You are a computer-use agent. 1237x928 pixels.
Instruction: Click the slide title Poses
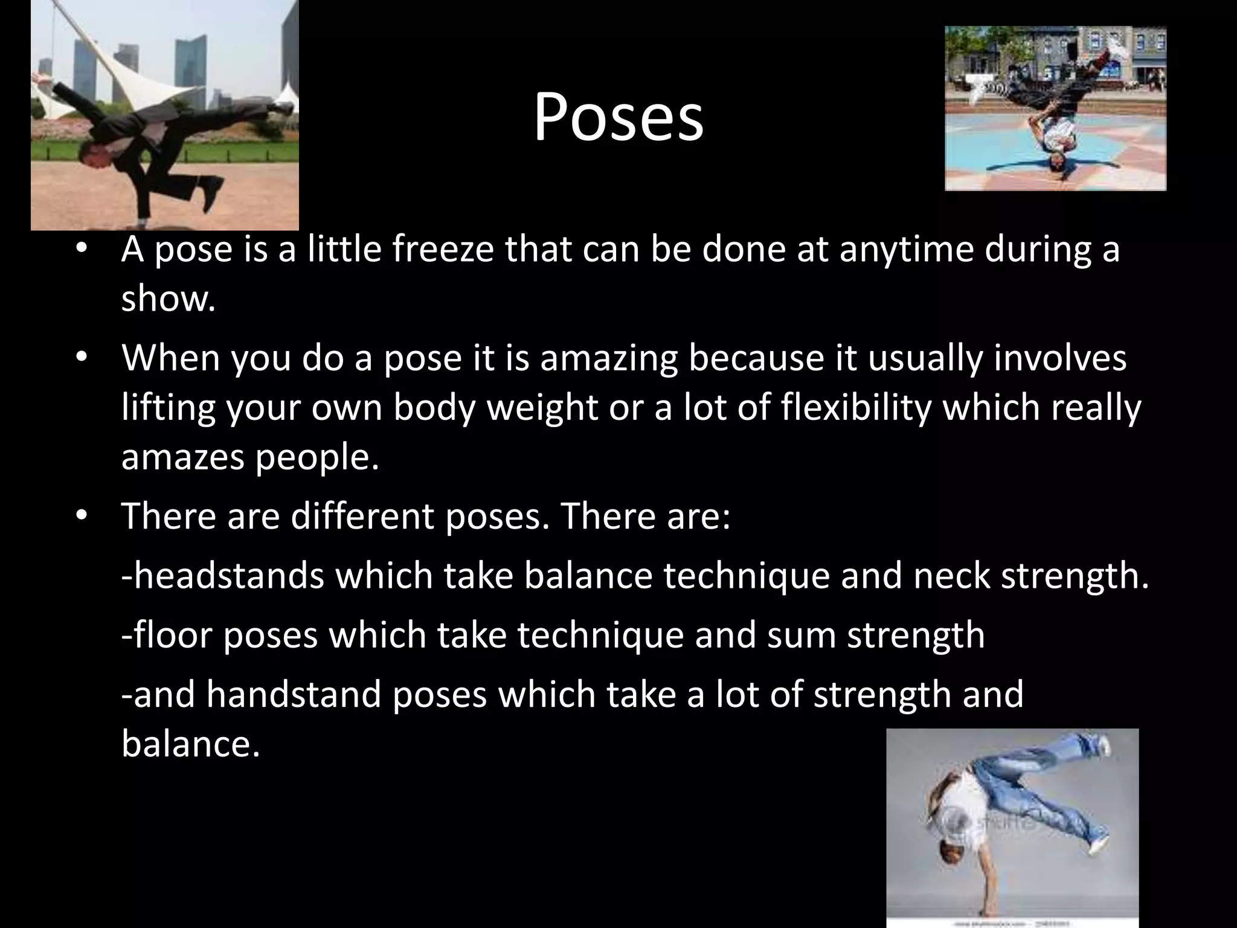pyautogui.click(x=618, y=118)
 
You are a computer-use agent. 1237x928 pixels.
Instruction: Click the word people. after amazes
pyautogui.click(x=316, y=457)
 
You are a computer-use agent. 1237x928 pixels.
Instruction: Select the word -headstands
pyautogui.click(x=222, y=575)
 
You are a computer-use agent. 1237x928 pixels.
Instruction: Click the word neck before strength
pyautogui.click(x=951, y=575)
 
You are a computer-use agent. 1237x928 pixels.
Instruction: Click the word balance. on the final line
pyautogui.click(x=190, y=743)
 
